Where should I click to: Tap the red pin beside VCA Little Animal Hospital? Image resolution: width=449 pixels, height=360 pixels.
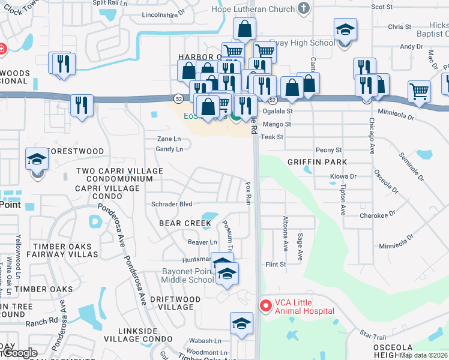tap(265, 305)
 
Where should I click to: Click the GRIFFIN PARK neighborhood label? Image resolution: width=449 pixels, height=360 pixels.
tap(318, 162)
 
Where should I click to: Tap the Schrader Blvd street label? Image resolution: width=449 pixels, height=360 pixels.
tap(172, 204)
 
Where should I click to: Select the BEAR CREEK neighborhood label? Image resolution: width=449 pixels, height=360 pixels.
tap(185, 223)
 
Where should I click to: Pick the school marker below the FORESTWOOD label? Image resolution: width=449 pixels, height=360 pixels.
tap(37, 161)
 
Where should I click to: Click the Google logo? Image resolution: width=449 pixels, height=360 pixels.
tap(19, 353)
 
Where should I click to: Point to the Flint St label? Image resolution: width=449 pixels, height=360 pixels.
tap(276, 264)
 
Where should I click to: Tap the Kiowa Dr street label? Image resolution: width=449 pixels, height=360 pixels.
tap(343, 176)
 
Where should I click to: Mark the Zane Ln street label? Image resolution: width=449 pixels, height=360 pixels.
tap(169, 139)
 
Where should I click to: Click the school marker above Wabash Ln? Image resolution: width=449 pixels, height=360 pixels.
tap(241, 323)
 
